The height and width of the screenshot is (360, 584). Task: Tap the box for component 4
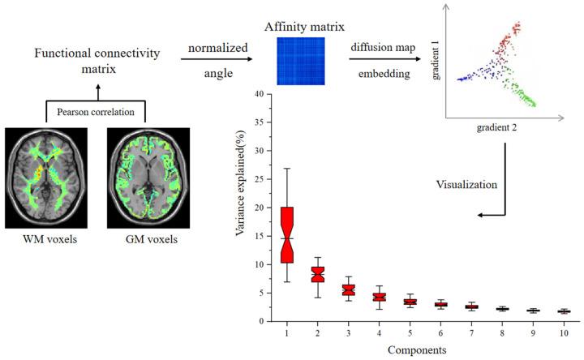378,297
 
